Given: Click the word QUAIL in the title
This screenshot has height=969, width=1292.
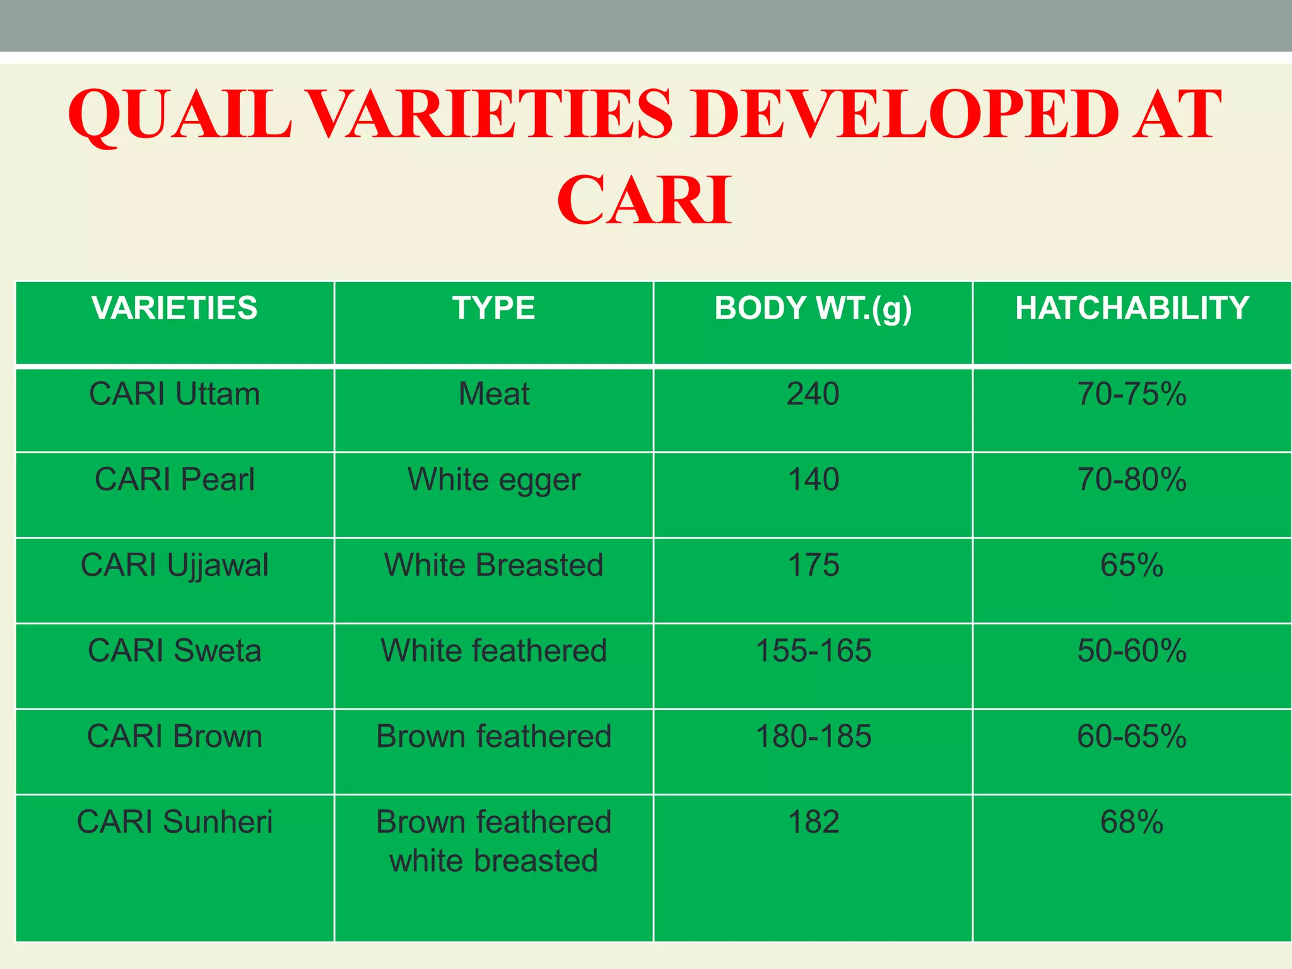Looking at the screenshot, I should click(x=180, y=115).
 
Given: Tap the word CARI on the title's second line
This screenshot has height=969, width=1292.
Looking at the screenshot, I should click(x=644, y=201).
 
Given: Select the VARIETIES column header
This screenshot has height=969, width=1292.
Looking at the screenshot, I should click(x=175, y=308).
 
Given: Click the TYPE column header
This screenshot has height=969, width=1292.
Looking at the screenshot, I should click(x=493, y=308).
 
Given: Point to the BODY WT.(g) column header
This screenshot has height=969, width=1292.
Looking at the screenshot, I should click(x=813, y=309).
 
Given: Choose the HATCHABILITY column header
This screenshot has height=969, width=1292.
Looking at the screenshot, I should click(x=1132, y=308).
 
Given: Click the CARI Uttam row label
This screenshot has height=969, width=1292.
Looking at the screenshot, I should click(x=175, y=394).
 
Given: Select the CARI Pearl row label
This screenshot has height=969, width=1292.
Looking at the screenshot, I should click(x=175, y=479).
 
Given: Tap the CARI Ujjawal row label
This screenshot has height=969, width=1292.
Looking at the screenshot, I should click(x=175, y=565).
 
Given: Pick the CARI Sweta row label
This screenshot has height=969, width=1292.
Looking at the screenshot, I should click(x=175, y=650).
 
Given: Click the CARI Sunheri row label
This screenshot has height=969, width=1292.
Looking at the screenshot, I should click(x=175, y=822).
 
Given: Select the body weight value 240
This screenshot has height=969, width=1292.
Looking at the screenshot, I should click(x=813, y=394).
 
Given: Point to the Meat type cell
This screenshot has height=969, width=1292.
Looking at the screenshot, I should click(x=493, y=394).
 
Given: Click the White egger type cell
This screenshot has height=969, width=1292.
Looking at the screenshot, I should click(x=493, y=480).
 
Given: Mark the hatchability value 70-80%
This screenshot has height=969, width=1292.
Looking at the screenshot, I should click(x=1132, y=479).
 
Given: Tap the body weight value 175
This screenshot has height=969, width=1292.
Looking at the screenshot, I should click(x=813, y=565).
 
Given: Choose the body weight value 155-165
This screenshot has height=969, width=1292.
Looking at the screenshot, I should click(x=813, y=650).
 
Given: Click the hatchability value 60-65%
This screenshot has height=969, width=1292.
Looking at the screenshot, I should click(x=1132, y=736).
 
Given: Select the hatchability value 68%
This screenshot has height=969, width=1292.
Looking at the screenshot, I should click(x=1132, y=822).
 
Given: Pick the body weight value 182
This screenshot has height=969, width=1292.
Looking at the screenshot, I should click(x=813, y=822).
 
